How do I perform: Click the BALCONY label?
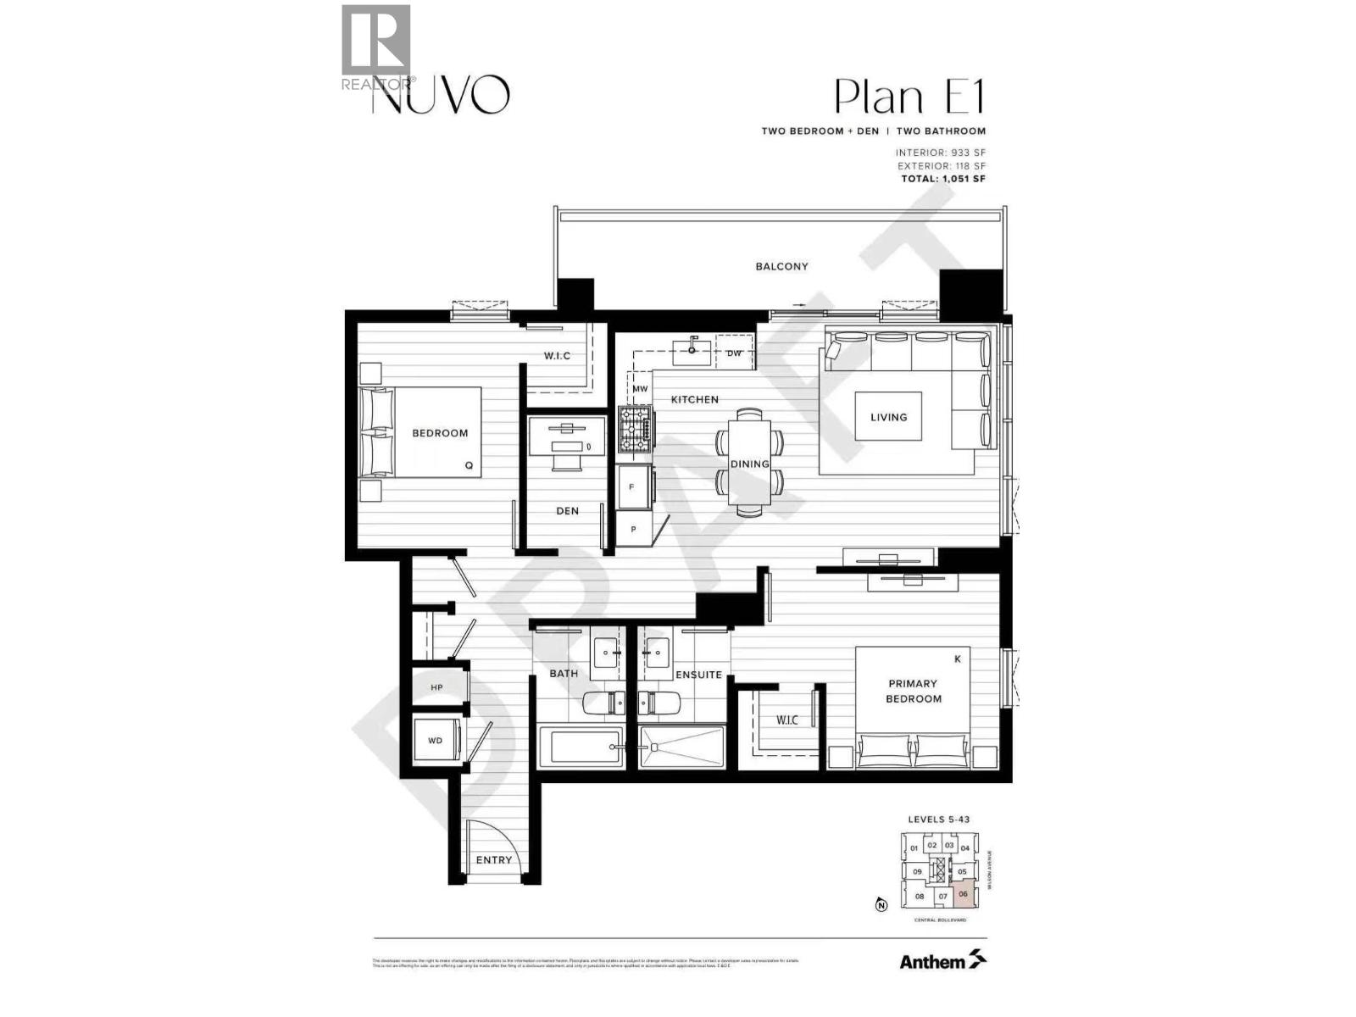click(781, 266)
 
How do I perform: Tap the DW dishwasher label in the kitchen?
click(734, 353)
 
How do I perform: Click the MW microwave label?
click(640, 389)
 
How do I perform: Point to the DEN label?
click(567, 511)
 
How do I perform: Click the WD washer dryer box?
click(436, 741)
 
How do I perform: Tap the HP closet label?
click(436, 687)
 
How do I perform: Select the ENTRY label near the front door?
click(493, 859)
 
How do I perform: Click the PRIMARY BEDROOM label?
click(913, 691)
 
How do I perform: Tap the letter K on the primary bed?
click(958, 659)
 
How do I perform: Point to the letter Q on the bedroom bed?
click(468, 465)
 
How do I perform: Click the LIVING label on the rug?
click(888, 417)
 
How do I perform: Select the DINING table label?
click(749, 464)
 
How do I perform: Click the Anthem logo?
click(942, 961)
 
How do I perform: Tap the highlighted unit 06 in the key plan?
click(963, 894)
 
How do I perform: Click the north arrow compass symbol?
click(881, 905)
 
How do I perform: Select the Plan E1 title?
click(909, 97)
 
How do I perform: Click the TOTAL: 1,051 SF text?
click(942, 179)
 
